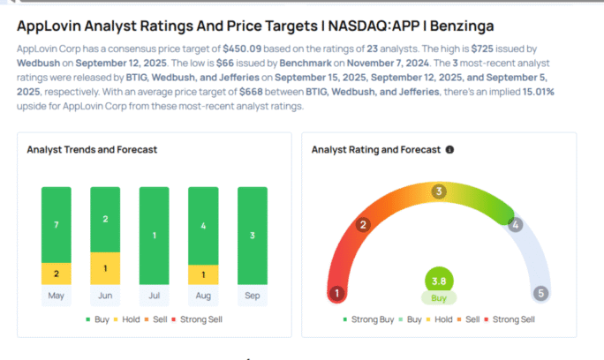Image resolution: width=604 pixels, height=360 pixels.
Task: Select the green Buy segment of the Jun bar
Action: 106,219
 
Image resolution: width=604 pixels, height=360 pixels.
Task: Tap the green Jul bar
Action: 154,236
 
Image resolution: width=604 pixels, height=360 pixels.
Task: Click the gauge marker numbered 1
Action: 336,293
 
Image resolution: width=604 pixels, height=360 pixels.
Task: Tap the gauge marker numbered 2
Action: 362,225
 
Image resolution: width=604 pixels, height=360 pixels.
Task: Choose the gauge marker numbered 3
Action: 438,191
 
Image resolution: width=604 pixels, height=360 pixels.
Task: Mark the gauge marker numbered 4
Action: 515,225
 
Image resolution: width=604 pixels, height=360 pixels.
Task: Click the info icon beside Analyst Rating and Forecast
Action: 450,150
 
